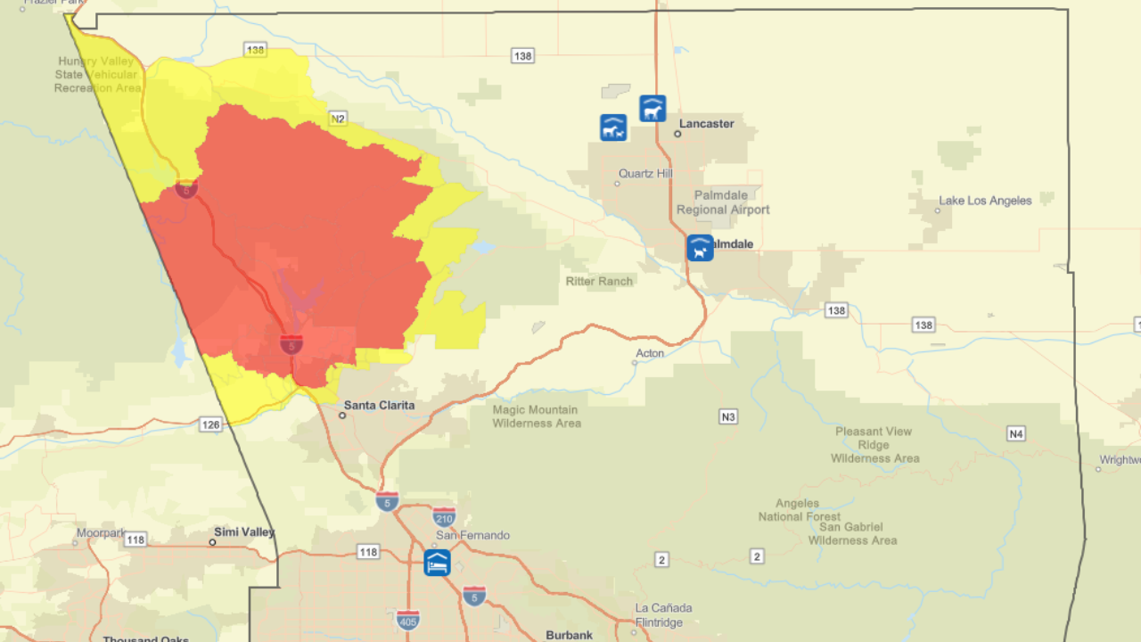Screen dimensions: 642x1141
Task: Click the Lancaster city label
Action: click(706, 124)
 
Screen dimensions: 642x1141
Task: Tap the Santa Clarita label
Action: click(379, 405)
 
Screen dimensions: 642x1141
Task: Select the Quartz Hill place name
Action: click(645, 174)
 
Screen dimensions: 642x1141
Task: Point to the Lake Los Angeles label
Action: click(984, 201)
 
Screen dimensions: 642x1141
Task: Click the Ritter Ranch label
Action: click(599, 281)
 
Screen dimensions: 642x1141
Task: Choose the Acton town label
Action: click(650, 353)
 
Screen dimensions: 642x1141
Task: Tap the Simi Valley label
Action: click(244, 532)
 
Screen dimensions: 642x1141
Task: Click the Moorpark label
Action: click(101, 533)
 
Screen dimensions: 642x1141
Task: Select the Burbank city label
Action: click(569, 635)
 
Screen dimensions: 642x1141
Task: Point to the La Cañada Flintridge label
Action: click(663, 615)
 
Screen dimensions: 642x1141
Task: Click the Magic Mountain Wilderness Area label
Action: click(537, 416)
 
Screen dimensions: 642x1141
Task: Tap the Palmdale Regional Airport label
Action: click(723, 202)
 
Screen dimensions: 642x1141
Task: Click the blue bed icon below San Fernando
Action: click(437, 563)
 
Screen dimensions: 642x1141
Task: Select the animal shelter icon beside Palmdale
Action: click(700, 248)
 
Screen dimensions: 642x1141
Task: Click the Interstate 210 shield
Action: click(444, 516)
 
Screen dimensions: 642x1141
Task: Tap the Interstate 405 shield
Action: click(408, 619)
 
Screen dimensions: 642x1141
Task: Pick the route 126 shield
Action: click(210, 424)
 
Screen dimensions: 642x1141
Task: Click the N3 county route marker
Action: click(728, 416)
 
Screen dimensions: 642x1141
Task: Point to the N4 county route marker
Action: click(1016, 433)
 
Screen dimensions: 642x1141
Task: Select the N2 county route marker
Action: click(337, 119)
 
